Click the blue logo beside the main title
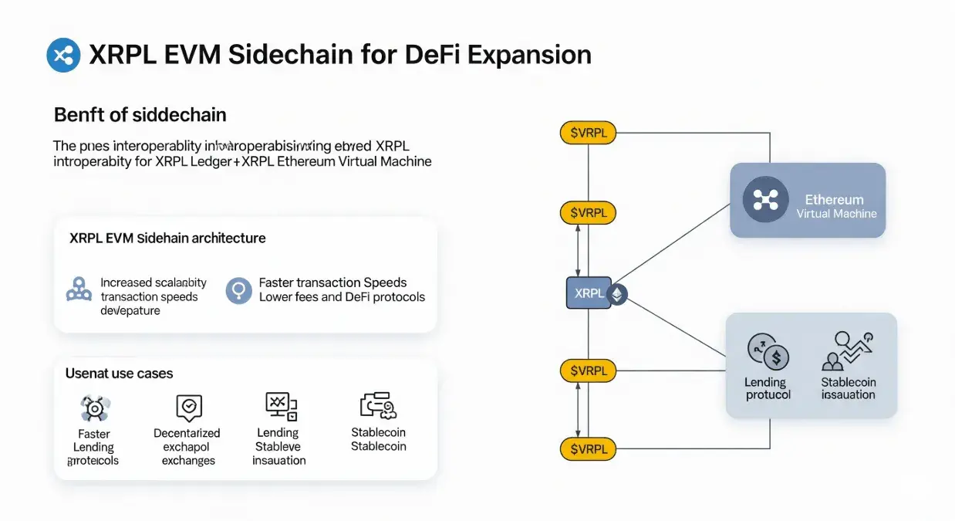pyautogui.click(x=63, y=55)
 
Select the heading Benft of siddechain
pyautogui.click(x=140, y=115)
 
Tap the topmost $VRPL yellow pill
pyautogui.click(x=588, y=133)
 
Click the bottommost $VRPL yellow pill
pyautogui.click(x=588, y=448)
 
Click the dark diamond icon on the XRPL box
pyautogui.click(x=618, y=294)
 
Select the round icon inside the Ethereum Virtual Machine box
pyautogui.click(x=764, y=199)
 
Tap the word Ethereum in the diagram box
pyautogui.click(x=834, y=199)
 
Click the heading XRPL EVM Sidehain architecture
pyautogui.click(x=167, y=238)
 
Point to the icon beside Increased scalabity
pyautogui.click(x=79, y=290)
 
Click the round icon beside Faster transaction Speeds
pyautogui.click(x=238, y=290)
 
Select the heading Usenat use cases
pyautogui.click(x=119, y=373)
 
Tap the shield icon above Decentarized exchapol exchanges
pyautogui.click(x=188, y=407)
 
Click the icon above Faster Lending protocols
pyautogui.click(x=95, y=408)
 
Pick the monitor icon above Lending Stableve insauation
pyautogui.click(x=279, y=405)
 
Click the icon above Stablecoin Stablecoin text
pyautogui.click(x=377, y=406)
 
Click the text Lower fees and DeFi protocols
pyautogui.click(x=342, y=296)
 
